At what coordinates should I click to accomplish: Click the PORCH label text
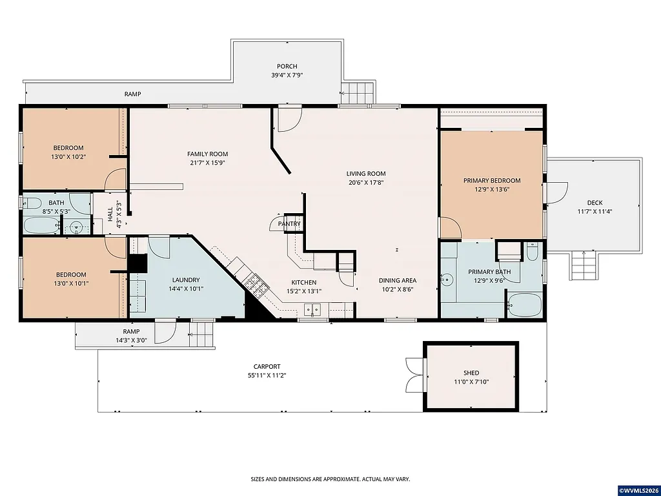click(x=287, y=67)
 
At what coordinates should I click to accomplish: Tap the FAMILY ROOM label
click(x=207, y=154)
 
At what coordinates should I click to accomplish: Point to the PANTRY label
click(x=289, y=224)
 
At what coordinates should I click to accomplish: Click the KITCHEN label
click(x=303, y=282)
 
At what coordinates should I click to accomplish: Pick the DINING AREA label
click(x=397, y=280)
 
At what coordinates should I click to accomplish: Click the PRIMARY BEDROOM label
click(x=491, y=181)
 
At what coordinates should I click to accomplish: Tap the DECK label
click(x=595, y=203)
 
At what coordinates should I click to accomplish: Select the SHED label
click(x=471, y=373)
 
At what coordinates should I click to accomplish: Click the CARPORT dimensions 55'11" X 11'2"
click(x=267, y=375)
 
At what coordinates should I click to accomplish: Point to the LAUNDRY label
click(x=185, y=280)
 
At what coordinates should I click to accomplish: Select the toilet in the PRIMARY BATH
click(x=532, y=252)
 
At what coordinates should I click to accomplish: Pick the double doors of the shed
click(x=413, y=375)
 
